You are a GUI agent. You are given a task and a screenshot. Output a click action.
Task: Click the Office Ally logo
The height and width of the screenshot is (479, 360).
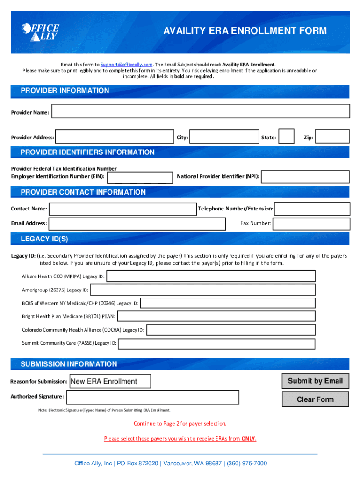(x=40, y=31)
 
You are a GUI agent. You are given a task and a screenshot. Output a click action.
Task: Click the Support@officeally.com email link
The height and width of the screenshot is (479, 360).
(x=127, y=65)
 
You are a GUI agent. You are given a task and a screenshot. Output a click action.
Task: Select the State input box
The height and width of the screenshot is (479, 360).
(x=286, y=136)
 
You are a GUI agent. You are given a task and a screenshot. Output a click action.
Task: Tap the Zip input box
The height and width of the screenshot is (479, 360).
(x=332, y=136)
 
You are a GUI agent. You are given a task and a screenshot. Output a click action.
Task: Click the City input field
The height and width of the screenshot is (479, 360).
(x=225, y=137)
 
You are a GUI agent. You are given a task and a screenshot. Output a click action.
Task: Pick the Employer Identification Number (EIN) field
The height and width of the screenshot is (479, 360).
(x=139, y=177)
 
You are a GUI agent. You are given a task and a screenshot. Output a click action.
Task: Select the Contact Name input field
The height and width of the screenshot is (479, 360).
(x=122, y=209)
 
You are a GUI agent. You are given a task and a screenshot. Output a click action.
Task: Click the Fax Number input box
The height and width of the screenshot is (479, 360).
(x=311, y=224)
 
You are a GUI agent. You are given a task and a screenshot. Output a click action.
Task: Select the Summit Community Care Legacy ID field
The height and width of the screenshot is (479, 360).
(x=216, y=344)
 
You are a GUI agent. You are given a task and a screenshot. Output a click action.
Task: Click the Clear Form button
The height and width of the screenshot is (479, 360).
(x=315, y=399)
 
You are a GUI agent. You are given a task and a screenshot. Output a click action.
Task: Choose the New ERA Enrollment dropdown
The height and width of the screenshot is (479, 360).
(x=110, y=381)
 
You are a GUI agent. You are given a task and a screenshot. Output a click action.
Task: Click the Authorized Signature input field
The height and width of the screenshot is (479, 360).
(x=152, y=397)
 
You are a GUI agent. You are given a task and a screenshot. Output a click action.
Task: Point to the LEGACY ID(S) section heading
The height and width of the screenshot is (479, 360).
(x=44, y=239)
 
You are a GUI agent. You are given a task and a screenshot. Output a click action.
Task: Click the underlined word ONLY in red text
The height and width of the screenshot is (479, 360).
(x=248, y=439)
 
